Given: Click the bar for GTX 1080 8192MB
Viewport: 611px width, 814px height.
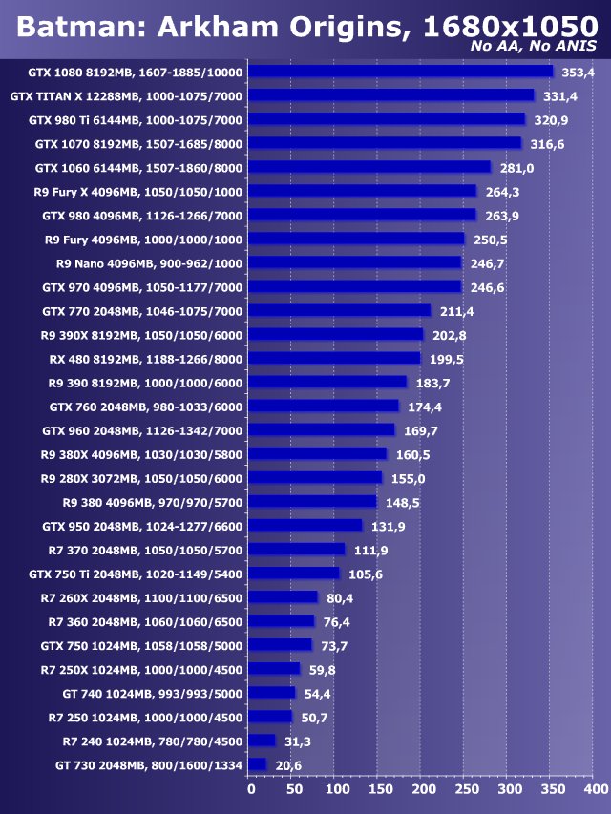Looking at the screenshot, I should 401,72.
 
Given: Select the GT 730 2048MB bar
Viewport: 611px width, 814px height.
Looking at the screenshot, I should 257,764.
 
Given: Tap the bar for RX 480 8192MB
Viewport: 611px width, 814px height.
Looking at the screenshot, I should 334,359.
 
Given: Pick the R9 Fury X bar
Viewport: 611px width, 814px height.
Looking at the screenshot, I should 363,192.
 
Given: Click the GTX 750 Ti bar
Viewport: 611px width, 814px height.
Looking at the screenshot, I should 294,574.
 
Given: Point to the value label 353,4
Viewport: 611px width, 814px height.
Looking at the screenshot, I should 578,72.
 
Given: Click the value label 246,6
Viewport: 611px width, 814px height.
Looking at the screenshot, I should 486,287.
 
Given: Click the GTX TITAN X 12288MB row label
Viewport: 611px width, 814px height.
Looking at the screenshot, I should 126,96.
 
